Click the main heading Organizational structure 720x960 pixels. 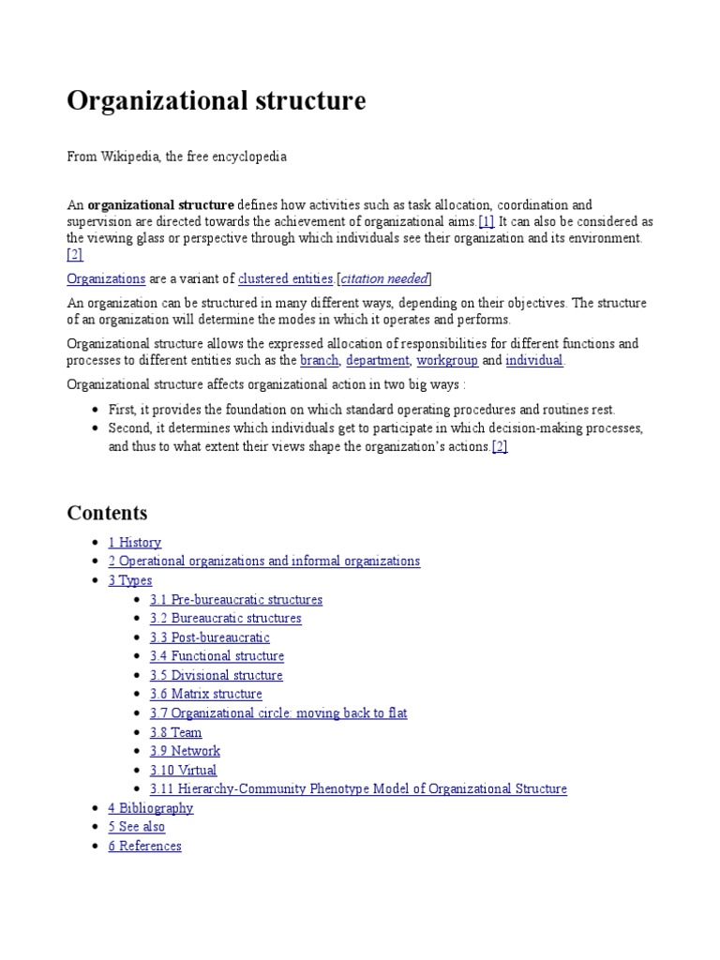click(x=216, y=101)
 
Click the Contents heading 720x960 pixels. click(x=107, y=513)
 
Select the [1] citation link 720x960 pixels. click(x=486, y=221)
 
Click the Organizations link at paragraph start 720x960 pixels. click(x=106, y=278)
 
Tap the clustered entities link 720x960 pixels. click(x=286, y=278)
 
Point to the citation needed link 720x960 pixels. click(x=384, y=278)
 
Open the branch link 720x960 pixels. click(x=319, y=360)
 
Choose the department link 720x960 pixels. click(x=377, y=360)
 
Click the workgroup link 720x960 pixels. click(x=447, y=360)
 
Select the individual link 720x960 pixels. click(x=534, y=360)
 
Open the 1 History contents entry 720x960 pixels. click(x=134, y=542)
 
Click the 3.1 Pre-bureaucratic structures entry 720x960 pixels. click(x=235, y=599)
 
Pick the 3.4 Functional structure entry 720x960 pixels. click(x=217, y=656)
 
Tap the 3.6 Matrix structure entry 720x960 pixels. click(x=205, y=694)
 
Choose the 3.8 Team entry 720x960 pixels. click(x=175, y=732)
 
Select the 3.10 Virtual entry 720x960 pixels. click(x=183, y=770)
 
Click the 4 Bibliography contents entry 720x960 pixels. click(x=150, y=808)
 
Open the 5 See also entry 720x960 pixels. click(x=136, y=827)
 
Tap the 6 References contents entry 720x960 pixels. click(x=144, y=846)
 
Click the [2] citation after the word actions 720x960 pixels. click(x=500, y=447)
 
